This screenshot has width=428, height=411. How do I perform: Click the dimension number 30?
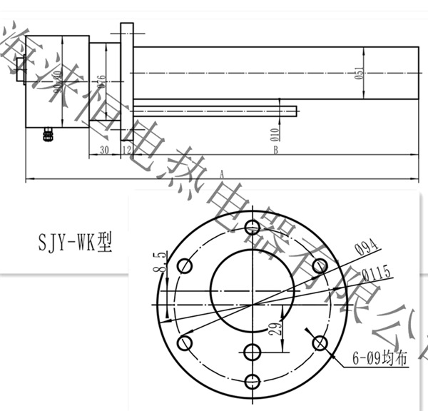103,150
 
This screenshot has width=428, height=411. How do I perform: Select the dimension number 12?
127,150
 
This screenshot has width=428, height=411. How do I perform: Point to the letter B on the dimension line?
275,151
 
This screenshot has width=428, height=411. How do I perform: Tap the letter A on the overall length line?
223,173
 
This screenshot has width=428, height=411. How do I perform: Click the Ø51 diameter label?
359,73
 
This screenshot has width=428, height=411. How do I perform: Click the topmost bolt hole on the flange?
252,228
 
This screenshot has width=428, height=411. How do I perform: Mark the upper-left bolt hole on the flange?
185,266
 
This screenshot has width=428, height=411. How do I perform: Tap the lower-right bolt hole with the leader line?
319,342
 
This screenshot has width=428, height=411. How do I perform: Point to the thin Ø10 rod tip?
296,109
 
